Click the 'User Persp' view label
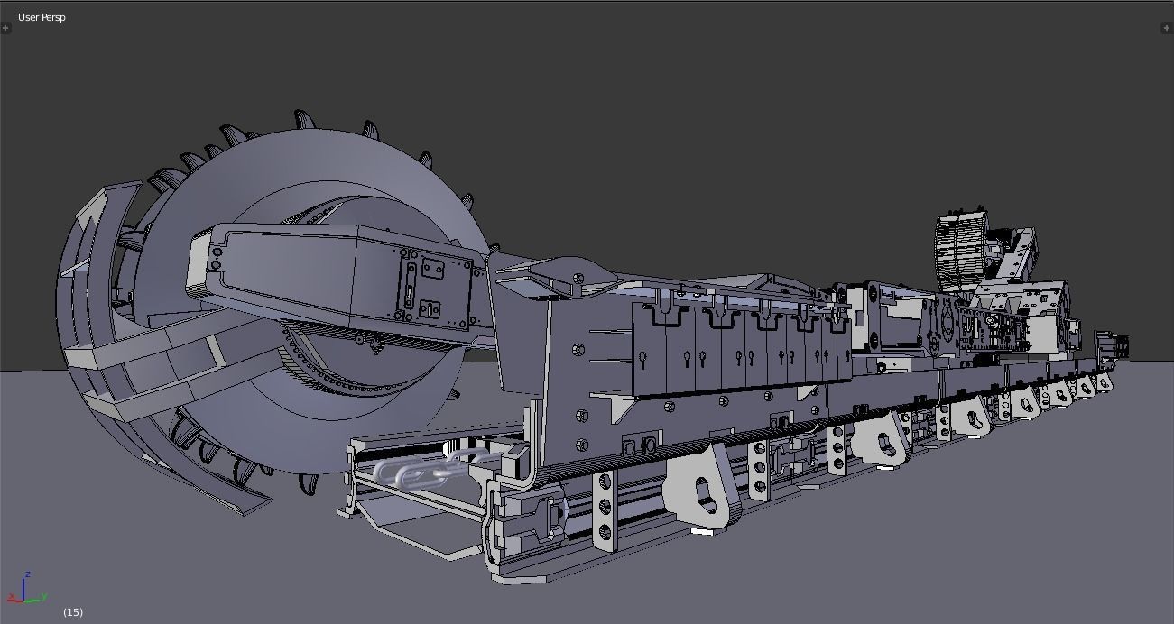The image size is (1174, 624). [x=42, y=17]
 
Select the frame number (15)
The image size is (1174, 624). [x=73, y=612]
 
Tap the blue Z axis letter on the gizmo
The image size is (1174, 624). [x=29, y=574]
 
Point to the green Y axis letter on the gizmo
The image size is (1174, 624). [x=44, y=597]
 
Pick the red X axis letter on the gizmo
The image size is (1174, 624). [x=10, y=596]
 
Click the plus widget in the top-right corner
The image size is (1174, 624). [x=1167, y=28]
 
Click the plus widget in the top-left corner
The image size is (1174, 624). [x=5, y=28]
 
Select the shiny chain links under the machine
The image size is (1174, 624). [x=424, y=470]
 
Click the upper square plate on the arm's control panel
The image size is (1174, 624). [x=432, y=269]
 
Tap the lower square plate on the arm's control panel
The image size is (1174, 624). [x=430, y=310]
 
